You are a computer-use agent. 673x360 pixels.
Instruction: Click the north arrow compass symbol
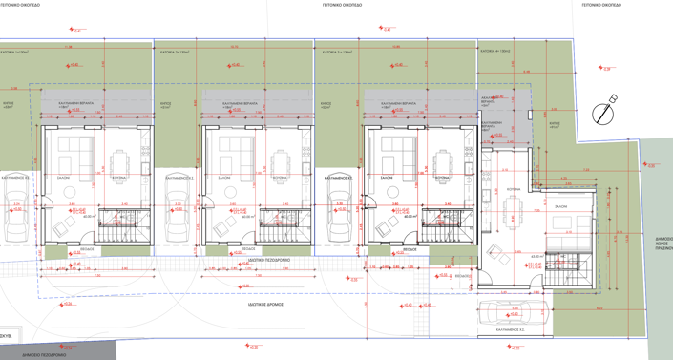603,113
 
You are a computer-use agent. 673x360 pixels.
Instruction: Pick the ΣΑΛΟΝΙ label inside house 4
560,206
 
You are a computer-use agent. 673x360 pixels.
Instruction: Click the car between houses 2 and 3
338,210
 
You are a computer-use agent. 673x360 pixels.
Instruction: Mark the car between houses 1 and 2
178,210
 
